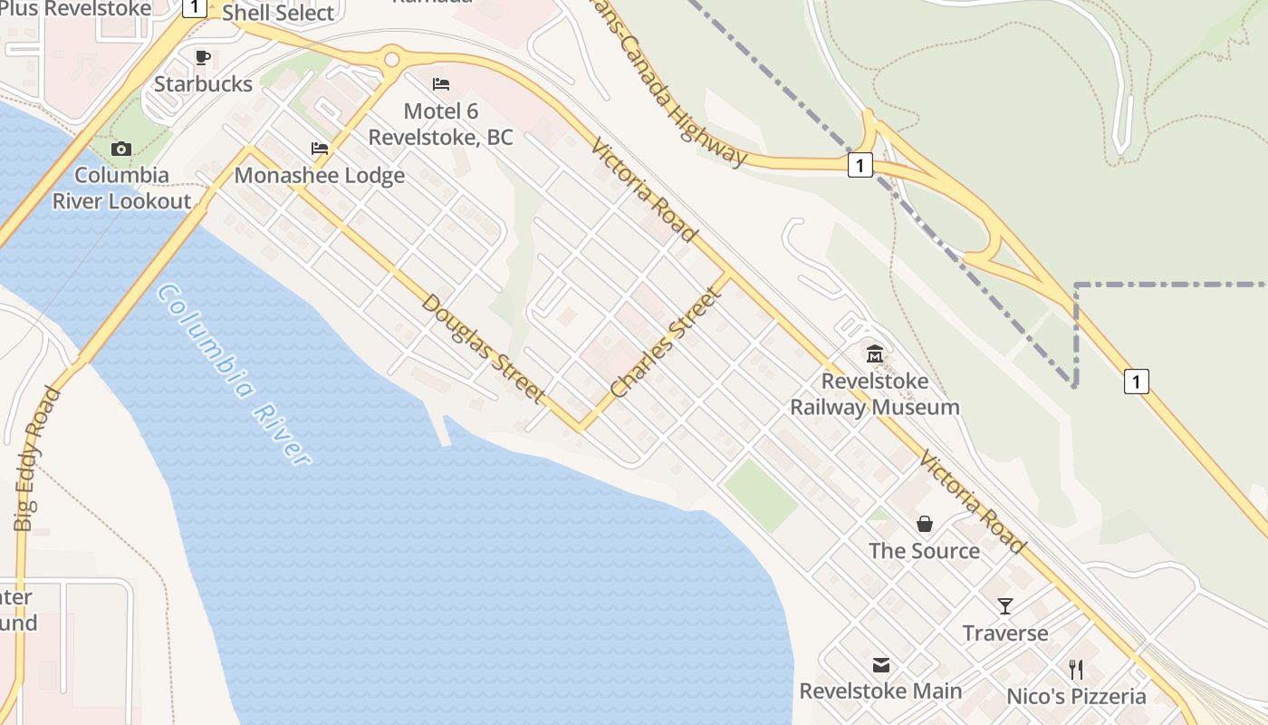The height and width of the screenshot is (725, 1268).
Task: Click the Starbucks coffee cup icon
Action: click(203, 58)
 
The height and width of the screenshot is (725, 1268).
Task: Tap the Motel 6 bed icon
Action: click(441, 84)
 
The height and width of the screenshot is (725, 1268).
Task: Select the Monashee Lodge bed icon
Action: click(319, 149)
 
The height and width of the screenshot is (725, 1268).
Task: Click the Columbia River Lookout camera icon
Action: click(121, 149)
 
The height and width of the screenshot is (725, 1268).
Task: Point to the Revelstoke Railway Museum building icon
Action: click(875, 353)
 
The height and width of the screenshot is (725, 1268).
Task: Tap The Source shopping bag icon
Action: click(925, 524)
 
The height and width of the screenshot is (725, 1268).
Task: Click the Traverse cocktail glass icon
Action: click(1005, 606)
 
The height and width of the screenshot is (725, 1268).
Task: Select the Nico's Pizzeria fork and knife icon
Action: click(1076, 670)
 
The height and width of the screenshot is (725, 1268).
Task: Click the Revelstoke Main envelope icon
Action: click(880, 665)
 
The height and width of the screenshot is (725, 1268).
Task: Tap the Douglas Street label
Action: click(484, 349)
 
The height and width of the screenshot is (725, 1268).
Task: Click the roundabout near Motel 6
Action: click(391, 60)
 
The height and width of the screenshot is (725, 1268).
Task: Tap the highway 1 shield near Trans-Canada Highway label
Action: click(860, 165)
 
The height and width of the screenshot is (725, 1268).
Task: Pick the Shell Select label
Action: click(278, 13)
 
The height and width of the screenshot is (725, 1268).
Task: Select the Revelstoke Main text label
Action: click(880, 691)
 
